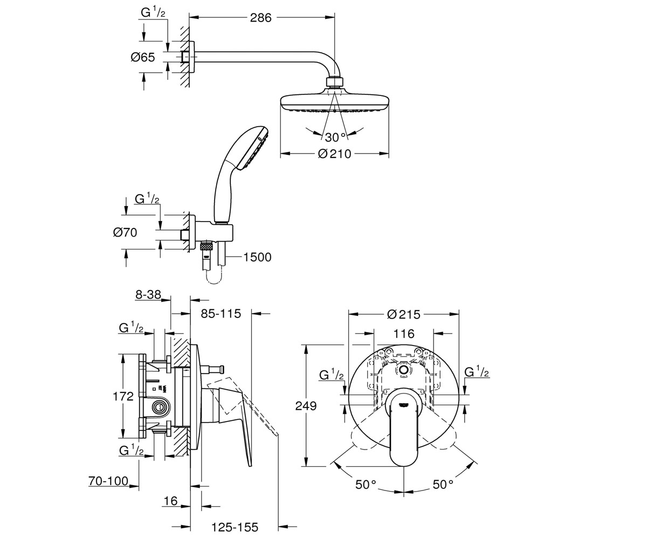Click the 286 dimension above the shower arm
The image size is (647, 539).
260,18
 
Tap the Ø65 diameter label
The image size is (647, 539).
142,57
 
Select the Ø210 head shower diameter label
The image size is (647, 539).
335,154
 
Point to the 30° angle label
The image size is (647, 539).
335,137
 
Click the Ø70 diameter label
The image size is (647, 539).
125,232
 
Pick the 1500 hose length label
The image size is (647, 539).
257,257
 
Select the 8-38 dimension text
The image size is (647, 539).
148,294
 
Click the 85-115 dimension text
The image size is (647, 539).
221,314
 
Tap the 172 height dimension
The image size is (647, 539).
123,396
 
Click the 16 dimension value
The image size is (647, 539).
170,501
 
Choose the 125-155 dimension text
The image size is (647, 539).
235,527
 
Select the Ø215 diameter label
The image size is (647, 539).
404,314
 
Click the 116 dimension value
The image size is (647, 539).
404,334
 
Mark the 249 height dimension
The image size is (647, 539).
306,406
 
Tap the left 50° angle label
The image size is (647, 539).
366,485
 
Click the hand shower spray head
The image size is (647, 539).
253,148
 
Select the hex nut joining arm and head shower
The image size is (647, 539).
335,82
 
